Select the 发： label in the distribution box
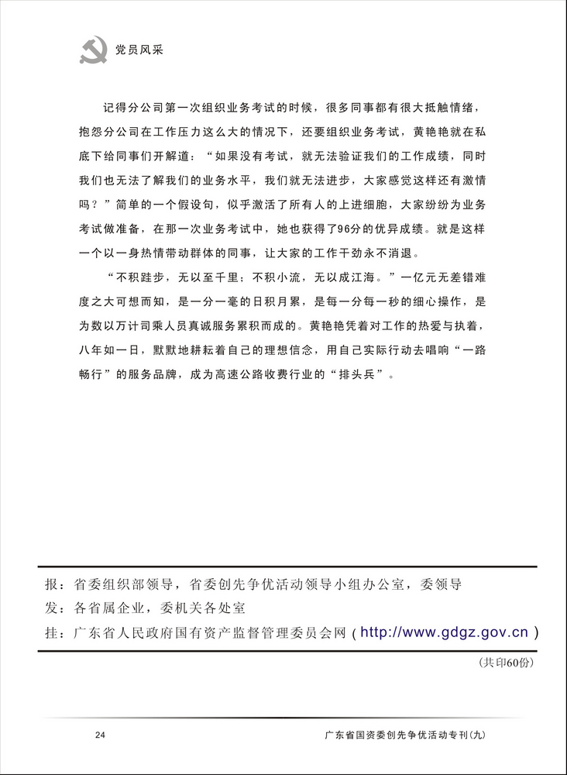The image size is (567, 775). point(56,608)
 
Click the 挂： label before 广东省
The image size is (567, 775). point(56,633)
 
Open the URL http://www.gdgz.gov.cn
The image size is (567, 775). point(445,632)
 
